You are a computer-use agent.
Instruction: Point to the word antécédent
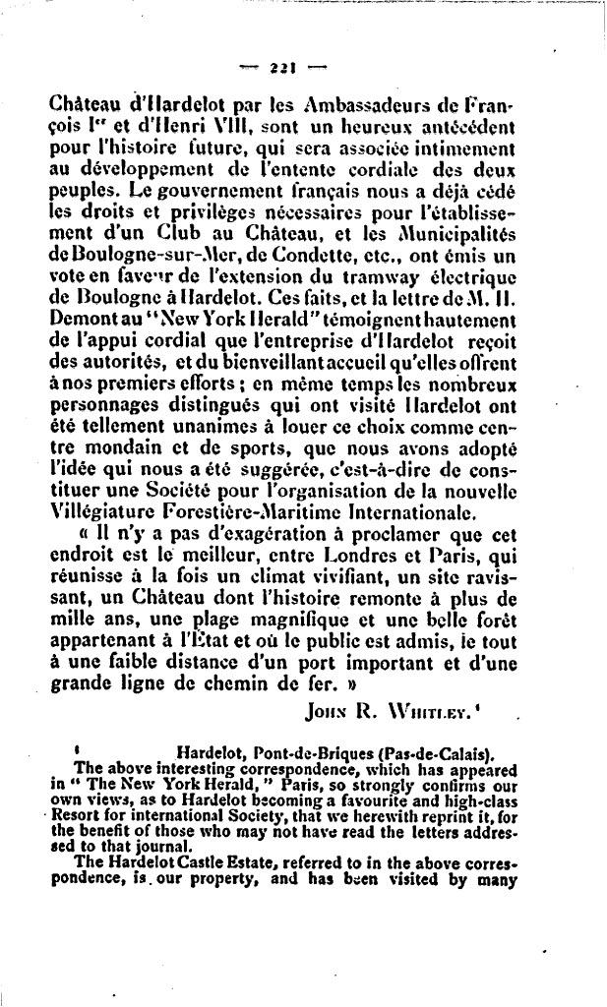tap(468, 127)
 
